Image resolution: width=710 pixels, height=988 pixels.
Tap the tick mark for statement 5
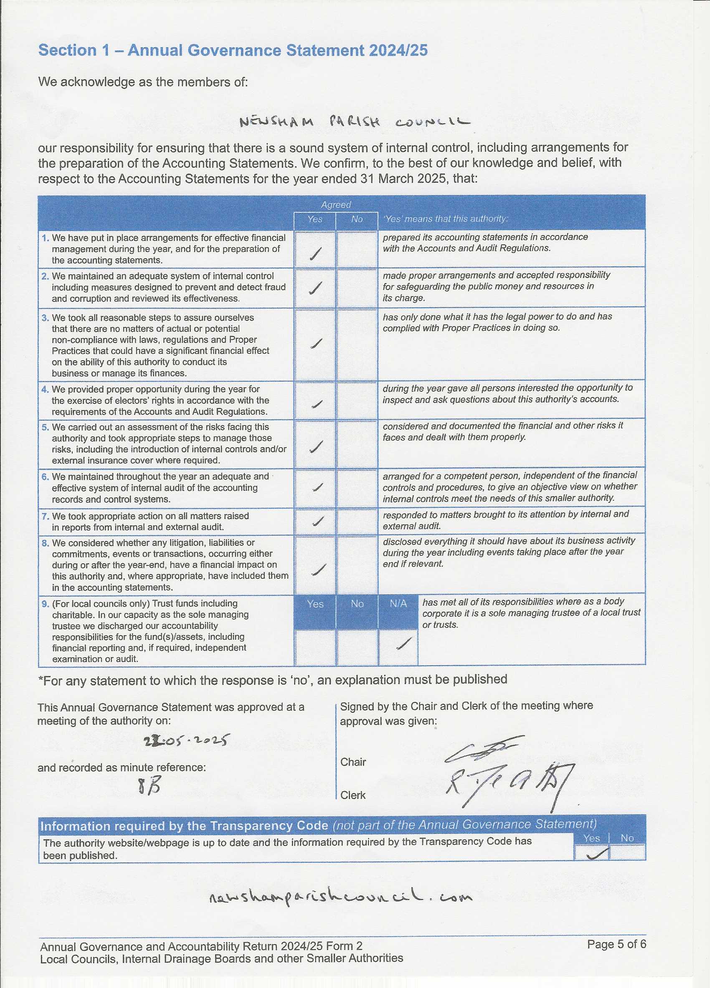[x=316, y=446]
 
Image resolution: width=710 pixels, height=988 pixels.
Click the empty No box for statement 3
[x=357, y=344]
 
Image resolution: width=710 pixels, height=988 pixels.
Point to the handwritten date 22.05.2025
[x=186, y=740]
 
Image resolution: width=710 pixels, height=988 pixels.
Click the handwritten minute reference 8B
[x=149, y=785]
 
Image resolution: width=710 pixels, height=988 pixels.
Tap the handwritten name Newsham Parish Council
[x=355, y=122]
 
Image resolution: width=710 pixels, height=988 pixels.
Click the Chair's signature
[x=484, y=748]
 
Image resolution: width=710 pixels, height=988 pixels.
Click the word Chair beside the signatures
[x=353, y=762]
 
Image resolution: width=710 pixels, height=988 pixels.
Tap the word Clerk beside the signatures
[x=353, y=795]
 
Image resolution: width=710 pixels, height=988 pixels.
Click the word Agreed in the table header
[x=336, y=204]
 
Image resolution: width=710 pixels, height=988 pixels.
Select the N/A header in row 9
[x=398, y=604]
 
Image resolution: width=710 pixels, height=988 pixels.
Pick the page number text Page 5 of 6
[x=616, y=944]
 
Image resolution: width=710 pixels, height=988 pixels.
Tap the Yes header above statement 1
[x=315, y=219]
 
